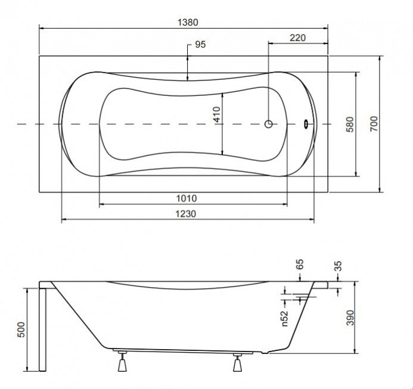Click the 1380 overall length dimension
coord(188,23)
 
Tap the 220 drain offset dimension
coord(297,38)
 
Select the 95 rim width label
coord(200,45)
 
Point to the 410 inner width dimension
coord(217,114)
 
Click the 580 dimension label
coord(350,125)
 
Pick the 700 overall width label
coord(374,124)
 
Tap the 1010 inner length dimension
coord(187,198)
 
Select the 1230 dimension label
coord(186,214)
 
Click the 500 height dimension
coord(21,329)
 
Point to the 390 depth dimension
coord(350,318)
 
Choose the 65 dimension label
coord(300,264)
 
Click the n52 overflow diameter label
coord(285,319)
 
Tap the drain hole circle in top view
coord(268,124)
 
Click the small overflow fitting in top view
coord(306,124)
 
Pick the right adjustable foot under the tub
coord(237,362)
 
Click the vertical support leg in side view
coord(42,329)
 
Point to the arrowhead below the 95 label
coord(188,77)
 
